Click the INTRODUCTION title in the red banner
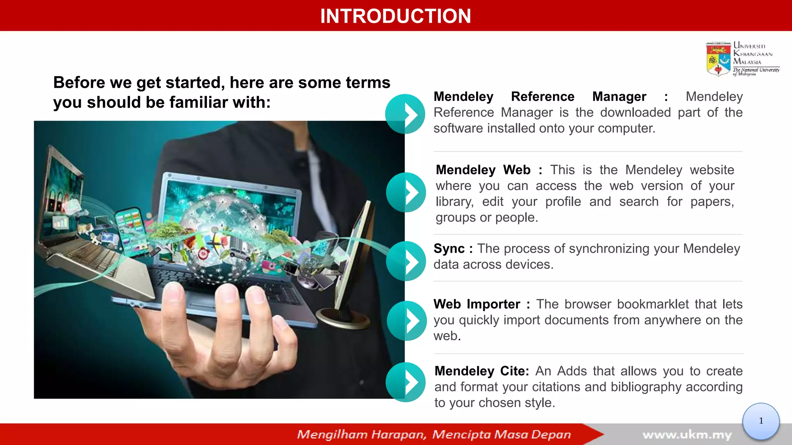coord(395,16)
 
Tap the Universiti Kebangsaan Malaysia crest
coord(718,59)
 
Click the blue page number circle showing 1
coord(761,421)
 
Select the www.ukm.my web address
coord(687,435)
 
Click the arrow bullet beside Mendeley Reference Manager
coord(405,114)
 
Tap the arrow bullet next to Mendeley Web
coord(406,192)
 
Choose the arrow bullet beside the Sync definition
coord(406,261)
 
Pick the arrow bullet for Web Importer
coord(407,321)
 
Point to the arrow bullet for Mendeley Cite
coord(406,382)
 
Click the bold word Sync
coord(449,249)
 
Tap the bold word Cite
coord(514,371)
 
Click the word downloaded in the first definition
coord(635,113)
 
